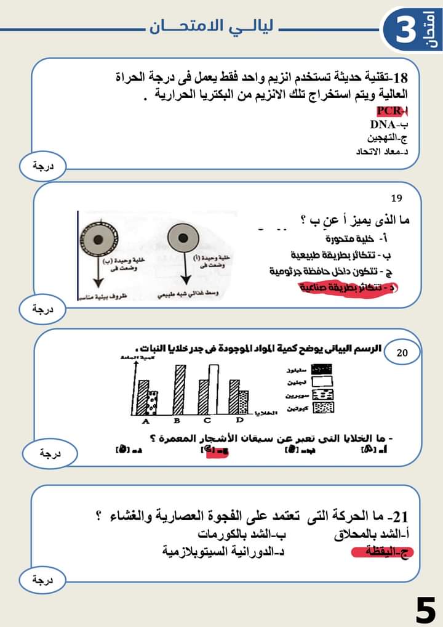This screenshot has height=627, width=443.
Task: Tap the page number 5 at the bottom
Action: click(x=425, y=610)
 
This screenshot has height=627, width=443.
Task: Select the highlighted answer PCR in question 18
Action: click(x=392, y=111)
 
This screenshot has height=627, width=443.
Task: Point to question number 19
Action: click(x=396, y=198)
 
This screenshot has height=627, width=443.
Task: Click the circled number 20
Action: click(x=401, y=353)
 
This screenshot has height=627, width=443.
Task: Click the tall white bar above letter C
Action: click(x=213, y=390)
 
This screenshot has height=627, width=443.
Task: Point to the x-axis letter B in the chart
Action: click(x=176, y=421)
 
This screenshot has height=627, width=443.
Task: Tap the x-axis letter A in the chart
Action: click(x=146, y=421)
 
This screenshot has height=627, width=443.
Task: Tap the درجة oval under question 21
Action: click(x=42, y=579)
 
